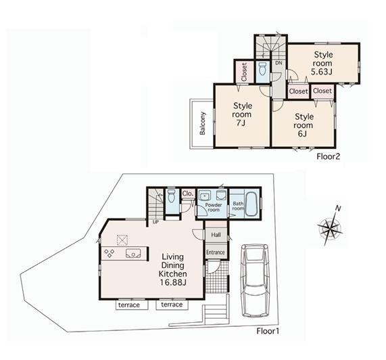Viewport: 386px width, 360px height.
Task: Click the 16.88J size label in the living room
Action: (173, 282)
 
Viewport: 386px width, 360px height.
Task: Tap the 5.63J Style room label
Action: (322, 63)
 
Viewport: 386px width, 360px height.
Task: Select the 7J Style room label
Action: (242, 114)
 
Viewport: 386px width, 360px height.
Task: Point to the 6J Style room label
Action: (304, 125)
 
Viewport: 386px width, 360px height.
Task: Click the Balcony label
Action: (203, 123)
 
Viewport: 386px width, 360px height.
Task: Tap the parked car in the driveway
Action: (255, 280)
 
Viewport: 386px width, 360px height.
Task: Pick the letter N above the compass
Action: (338, 208)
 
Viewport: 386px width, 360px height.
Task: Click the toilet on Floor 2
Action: (263, 69)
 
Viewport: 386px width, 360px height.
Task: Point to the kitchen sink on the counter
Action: (133, 253)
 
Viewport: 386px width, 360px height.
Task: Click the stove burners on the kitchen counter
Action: (110, 253)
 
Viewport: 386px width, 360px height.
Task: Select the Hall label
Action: (216, 235)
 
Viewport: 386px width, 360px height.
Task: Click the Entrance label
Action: (216, 252)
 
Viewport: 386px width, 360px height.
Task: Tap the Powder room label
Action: (214, 207)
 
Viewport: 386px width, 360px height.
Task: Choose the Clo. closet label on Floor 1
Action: (188, 194)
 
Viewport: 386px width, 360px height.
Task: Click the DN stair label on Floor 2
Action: (279, 63)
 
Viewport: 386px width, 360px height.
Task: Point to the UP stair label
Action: (155, 222)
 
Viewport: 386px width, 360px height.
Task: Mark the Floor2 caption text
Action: (329, 156)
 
